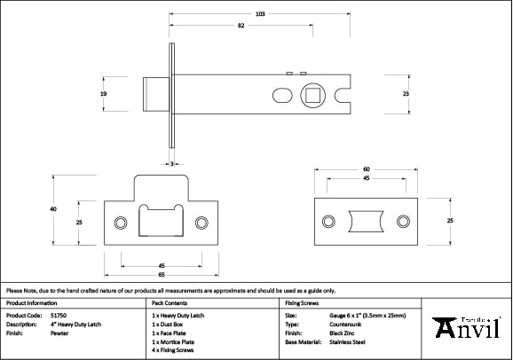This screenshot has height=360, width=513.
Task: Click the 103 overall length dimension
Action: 260,14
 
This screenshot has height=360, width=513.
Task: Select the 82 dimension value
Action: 241,27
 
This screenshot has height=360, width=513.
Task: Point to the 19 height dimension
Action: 103,93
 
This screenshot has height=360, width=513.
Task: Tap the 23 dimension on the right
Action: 406,93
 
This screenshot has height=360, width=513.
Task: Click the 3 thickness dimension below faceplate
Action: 170,163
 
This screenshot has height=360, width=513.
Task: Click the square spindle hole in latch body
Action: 313,93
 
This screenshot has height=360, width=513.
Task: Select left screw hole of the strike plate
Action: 118,220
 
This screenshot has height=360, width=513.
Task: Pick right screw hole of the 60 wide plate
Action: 403,220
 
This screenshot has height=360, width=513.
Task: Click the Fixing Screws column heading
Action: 302,302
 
